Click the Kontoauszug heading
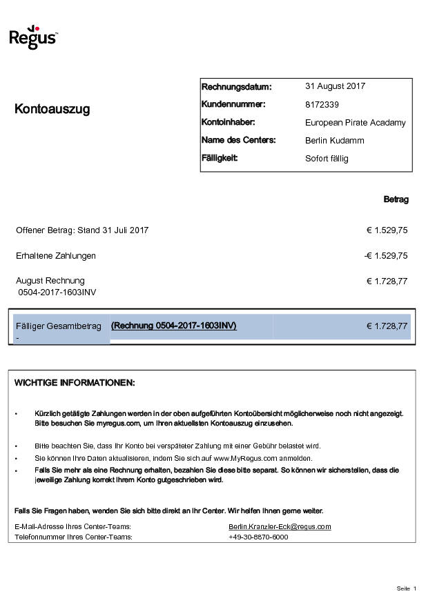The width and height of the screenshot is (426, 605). coord(52,109)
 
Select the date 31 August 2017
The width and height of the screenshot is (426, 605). coord(335,86)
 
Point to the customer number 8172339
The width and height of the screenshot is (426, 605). coord(322,105)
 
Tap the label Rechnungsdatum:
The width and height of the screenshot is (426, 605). coord(236,87)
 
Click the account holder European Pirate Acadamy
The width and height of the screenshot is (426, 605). coord(355,123)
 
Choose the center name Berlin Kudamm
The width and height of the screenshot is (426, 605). coord(334,141)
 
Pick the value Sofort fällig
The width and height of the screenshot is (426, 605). coord(327,159)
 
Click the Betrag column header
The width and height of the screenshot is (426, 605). coord(396,199)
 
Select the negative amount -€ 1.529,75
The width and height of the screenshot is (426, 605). coord(385,255)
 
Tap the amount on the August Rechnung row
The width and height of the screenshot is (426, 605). coord(387,281)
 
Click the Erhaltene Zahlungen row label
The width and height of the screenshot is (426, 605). coord(56,255)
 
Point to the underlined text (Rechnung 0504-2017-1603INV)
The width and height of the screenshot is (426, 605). coord(173,326)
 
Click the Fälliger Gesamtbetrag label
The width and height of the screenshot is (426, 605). coord(59,326)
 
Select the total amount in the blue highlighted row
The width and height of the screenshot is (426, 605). coord(387,326)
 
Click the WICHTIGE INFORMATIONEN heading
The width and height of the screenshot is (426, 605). coord(75,383)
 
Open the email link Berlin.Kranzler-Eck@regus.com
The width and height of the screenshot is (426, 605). coord(280,526)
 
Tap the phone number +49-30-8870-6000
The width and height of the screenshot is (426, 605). coord(258,537)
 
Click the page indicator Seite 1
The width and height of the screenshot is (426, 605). coord(407,588)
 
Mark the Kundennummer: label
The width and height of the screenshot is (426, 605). coord(233,105)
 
